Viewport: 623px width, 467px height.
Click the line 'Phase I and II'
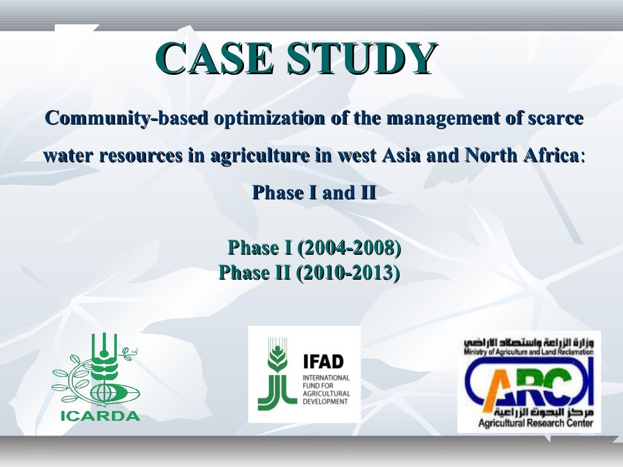tap(314, 193)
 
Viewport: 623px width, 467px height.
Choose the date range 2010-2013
tap(347, 272)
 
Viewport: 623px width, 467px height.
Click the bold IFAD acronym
tap(323, 362)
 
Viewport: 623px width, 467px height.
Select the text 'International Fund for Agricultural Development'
tap(326, 389)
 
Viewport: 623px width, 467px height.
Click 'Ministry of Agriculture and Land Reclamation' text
tap(528, 352)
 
